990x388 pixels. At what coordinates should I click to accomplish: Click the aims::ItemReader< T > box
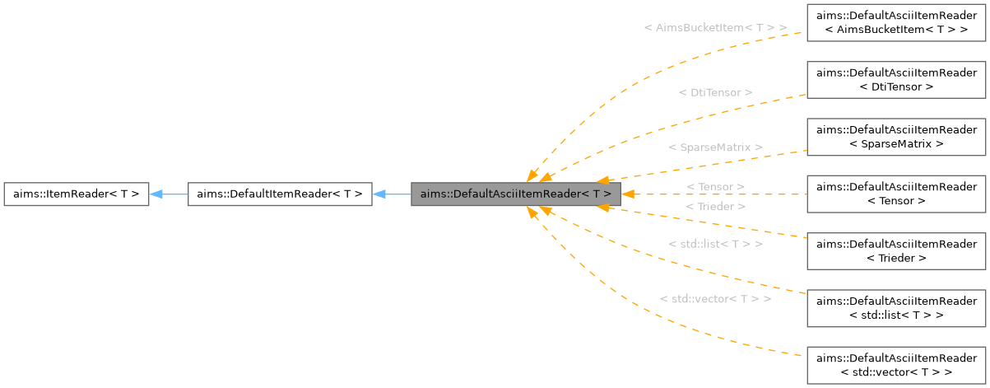pyautogui.click(x=76, y=194)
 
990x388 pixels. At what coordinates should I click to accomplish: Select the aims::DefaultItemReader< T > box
pyautogui.click(x=280, y=194)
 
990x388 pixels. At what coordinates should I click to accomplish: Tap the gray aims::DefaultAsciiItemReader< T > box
pyautogui.click(x=515, y=194)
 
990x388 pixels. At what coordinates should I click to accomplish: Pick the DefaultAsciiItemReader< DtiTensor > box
pyautogui.click(x=896, y=79)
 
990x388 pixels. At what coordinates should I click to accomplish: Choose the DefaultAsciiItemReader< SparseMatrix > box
pyautogui.click(x=896, y=137)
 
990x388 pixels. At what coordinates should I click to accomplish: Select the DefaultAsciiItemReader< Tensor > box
pyautogui.click(x=896, y=194)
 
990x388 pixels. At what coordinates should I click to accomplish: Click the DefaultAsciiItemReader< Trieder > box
pyautogui.click(x=896, y=251)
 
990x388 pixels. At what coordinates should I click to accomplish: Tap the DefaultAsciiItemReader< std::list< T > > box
pyautogui.click(x=896, y=308)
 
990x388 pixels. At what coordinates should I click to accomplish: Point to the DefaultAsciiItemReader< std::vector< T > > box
pyautogui.click(x=896, y=366)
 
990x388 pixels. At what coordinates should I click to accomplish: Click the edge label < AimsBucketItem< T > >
pyautogui.click(x=714, y=27)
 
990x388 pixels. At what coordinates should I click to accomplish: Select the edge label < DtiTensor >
pyautogui.click(x=714, y=92)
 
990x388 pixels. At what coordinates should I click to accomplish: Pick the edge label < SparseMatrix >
pyautogui.click(x=714, y=147)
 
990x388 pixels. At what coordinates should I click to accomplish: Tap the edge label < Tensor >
pyautogui.click(x=714, y=187)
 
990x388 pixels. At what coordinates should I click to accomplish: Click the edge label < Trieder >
pyautogui.click(x=714, y=206)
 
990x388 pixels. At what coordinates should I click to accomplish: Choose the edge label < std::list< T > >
pyautogui.click(x=714, y=245)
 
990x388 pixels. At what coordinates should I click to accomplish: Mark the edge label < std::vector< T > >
pyautogui.click(x=714, y=298)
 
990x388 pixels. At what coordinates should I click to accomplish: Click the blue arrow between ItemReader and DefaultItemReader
pyautogui.click(x=169, y=194)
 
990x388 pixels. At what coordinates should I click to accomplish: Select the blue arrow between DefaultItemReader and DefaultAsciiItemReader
pyautogui.click(x=392, y=194)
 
